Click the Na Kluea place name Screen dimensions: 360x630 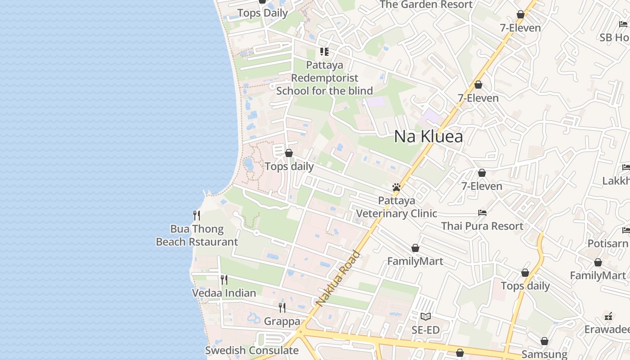(x=428, y=136)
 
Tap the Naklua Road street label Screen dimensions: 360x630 (x=338, y=279)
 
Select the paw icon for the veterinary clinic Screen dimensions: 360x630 (x=396, y=187)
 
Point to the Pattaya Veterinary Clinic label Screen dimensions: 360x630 (x=396, y=207)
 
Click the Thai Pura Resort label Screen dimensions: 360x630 (x=482, y=226)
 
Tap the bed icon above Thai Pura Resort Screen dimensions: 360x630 (x=482, y=213)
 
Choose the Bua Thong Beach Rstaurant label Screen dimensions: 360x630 (x=197, y=235)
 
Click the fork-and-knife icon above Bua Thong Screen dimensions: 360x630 (x=197, y=216)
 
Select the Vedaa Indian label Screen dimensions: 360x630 (x=224, y=293)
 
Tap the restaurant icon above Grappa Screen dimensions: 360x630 (x=282, y=308)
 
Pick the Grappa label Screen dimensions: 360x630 (x=282, y=321)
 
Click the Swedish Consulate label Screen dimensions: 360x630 (x=252, y=350)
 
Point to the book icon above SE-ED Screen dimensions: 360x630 (x=426, y=316)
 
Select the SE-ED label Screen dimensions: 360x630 (x=426, y=330)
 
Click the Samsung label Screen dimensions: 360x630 (x=544, y=354)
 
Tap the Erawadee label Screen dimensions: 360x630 (x=607, y=329)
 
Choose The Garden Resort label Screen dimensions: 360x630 (x=426, y=4)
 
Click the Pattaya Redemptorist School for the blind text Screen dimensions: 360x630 (x=324, y=78)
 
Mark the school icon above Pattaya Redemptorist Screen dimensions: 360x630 (x=324, y=52)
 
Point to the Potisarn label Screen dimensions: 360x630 (x=608, y=243)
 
